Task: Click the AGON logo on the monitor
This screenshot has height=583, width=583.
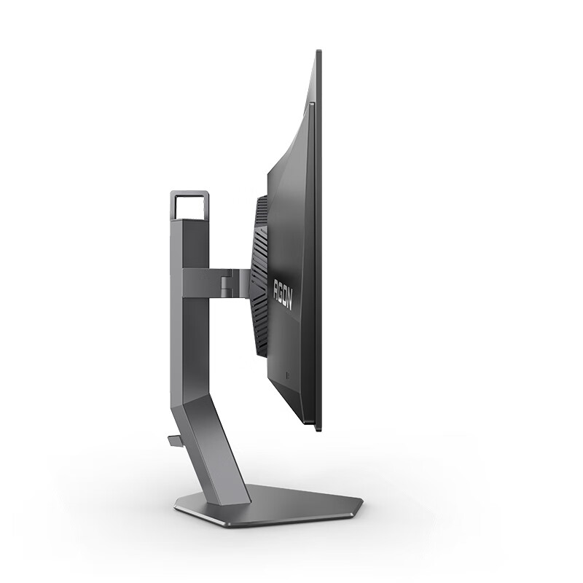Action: (x=283, y=295)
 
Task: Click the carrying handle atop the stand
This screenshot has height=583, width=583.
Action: (x=189, y=193)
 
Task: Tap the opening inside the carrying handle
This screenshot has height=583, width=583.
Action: (x=189, y=208)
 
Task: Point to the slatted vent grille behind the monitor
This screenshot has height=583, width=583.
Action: (x=259, y=276)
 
